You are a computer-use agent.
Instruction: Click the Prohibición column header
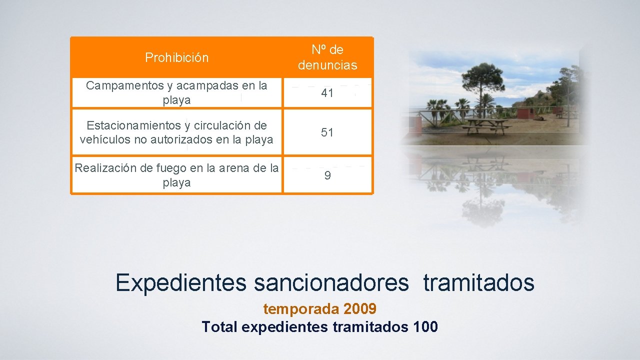click(176, 57)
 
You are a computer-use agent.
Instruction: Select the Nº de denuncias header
click(327, 57)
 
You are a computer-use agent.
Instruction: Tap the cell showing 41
click(327, 93)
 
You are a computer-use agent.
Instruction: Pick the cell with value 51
click(327, 132)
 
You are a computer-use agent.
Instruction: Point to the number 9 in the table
click(327, 175)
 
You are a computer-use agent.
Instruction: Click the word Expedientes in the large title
click(181, 283)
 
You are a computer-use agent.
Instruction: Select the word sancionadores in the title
click(331, 283)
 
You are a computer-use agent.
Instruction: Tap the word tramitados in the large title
click(479, 283)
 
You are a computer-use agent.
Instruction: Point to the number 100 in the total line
click(426, 327)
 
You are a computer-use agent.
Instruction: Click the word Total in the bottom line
click(219, 327)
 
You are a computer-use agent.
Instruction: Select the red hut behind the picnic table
click(525, 113)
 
